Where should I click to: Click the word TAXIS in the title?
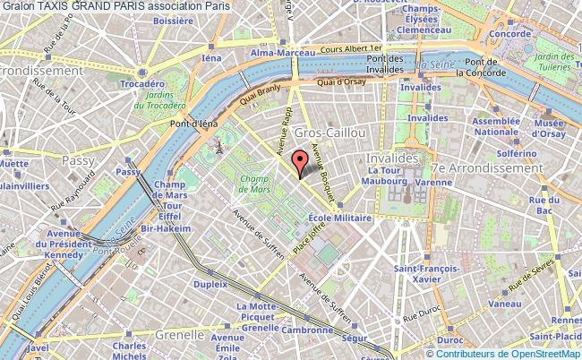[56, 5]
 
